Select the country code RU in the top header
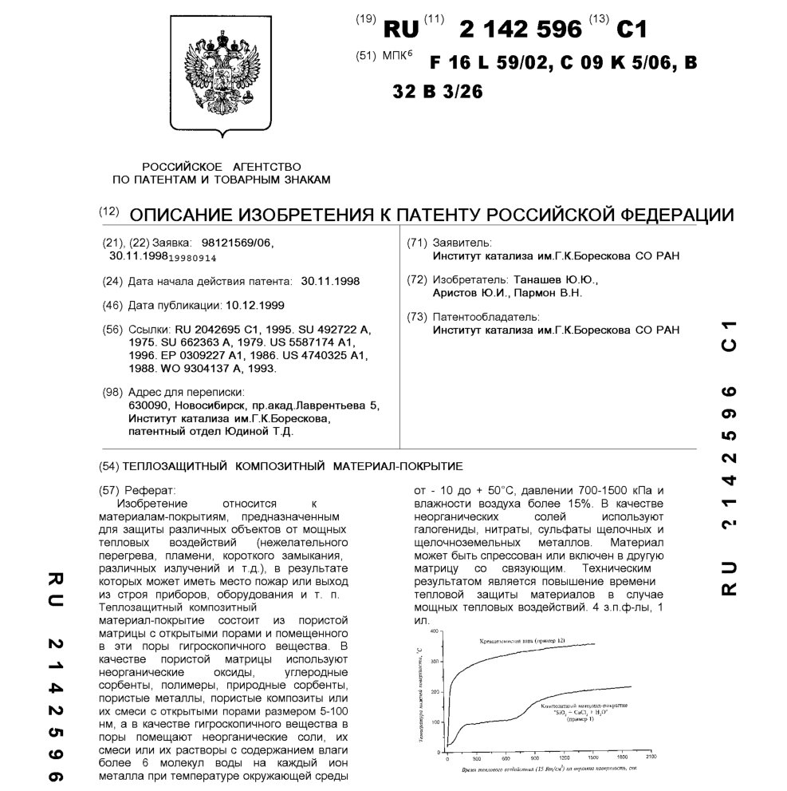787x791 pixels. (x=401, y=30)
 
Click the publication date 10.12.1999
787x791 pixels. (x=255, y=305)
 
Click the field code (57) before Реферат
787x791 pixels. (x=108, y=489)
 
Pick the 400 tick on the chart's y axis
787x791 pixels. (x=435, y=631)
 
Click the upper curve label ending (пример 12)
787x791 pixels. (x=526, y=641)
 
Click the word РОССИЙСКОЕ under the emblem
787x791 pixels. (x=182, y=166)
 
